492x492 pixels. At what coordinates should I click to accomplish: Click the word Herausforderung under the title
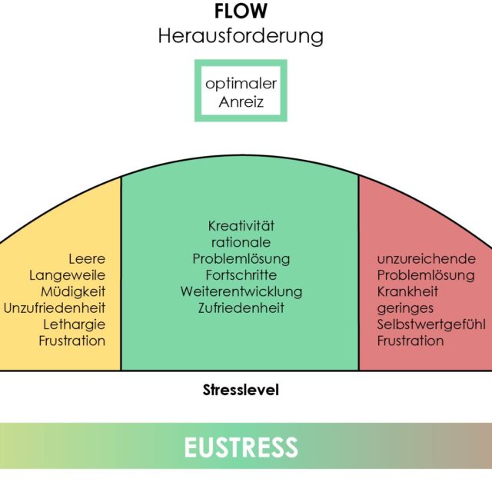pyautogui.click(x=241, y=36)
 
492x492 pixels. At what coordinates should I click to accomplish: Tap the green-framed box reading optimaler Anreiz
pyautogui.click(x=241, y=91)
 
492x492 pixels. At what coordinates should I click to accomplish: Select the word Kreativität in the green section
pyautogui.click(x=241, y=226)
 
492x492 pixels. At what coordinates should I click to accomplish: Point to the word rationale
pyautogui.click(x=241, y=242)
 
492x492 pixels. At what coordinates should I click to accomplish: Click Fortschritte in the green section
pyautogui.click(x=241, y=275)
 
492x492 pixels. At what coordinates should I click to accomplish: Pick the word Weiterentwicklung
pyautogui.click(x=241, y=291)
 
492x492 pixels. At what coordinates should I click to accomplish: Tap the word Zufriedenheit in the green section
pyautogui.click(x=241, y=308)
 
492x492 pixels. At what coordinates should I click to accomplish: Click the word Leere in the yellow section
pyautogui.click(x=87, y=259)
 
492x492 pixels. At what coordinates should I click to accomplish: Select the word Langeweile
pyautogui.click(x=68, y=275)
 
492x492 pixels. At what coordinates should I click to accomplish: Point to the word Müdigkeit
pyautogui.click(x=74, y=291)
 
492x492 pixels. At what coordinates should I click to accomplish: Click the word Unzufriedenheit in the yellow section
pyautogui.click(x=55, y=308)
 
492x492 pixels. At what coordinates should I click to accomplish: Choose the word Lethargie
pyautogui.click(x=74, y=324)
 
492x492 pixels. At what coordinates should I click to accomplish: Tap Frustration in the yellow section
pyautogui.click(x=72, y=341)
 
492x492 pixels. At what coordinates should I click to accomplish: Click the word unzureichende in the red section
pyautogui.click(x=426, y=259)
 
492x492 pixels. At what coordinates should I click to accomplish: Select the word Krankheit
pyautogui.click(x=408, y=291)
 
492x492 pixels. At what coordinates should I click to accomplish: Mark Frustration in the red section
pyautogui.click(x=411, y=341)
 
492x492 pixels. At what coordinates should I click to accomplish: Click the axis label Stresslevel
pyautogui.click(x=241, y=390)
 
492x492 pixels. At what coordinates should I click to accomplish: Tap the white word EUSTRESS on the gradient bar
pyautogui.click(x=241, y=446)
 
